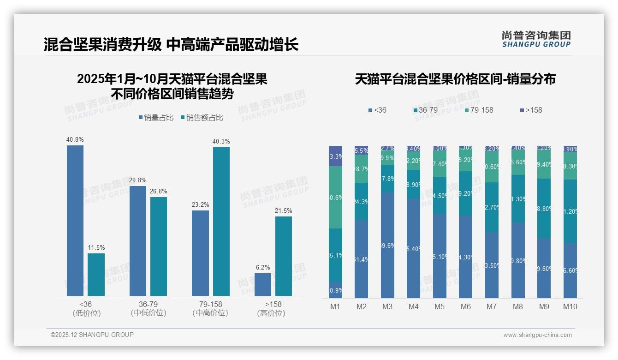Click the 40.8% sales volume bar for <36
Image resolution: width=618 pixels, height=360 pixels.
point(75,220)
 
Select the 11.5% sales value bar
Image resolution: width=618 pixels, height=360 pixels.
point(96,274)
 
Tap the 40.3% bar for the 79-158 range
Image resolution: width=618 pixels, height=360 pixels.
point(221,221)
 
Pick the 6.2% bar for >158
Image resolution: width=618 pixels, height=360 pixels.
point(263,284)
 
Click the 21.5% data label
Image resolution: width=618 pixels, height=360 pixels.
point(284,211)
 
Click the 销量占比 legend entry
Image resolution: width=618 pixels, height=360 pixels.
point(156,118)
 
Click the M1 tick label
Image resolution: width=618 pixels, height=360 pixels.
point(335,306)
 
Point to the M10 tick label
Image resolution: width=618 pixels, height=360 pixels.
point(570,306)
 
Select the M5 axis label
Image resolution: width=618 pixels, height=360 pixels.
point(440,306)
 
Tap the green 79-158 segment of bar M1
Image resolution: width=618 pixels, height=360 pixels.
point(335,197)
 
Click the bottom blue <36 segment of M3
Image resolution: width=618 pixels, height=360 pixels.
point(387,245)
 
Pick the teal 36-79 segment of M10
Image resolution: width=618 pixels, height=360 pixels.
point(570,211)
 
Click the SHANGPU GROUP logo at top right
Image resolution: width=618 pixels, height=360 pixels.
point(536,39)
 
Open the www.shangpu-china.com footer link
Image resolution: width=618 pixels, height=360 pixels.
point(537,335)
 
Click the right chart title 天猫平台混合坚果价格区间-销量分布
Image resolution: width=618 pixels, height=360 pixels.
point(455,79)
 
